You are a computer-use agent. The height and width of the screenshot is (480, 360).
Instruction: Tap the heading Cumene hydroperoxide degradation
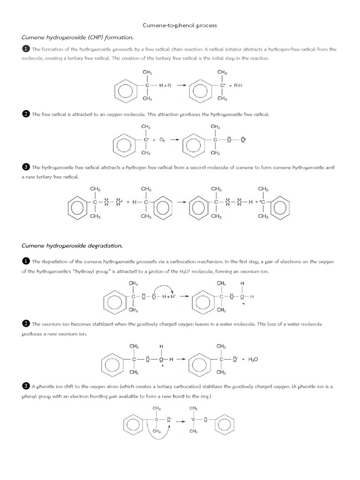[x=72, y=245]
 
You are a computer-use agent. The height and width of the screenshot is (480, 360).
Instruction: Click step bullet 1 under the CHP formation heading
[x=26, y=49]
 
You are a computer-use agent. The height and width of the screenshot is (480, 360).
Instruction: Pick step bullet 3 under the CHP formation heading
[x=26, y=167]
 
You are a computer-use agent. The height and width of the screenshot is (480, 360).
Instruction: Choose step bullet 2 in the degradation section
[x=26, y=323]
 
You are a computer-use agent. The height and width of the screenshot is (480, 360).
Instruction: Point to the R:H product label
[x=238, y=86]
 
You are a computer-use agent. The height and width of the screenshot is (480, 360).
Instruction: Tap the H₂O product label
[x=253, y=360]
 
